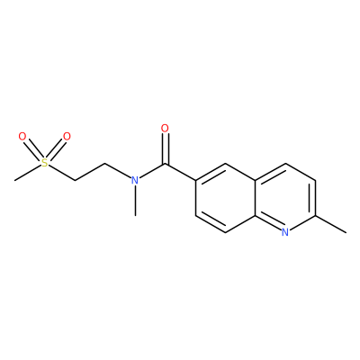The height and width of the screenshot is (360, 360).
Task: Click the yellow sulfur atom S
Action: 45,163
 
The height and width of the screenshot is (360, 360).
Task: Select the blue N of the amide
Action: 135,180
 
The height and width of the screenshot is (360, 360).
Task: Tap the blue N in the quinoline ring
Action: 285,232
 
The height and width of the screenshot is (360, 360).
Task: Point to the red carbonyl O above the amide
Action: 165,129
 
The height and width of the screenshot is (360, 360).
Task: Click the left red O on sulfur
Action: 22,137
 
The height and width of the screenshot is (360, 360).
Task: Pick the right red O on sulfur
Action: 67,137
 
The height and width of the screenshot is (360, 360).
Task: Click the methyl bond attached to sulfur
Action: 28,173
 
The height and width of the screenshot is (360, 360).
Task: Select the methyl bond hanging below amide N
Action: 135,201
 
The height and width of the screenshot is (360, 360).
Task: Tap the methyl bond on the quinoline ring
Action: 330,224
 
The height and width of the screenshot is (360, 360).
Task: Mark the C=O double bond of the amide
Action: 165,148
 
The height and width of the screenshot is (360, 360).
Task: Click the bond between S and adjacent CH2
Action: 61,173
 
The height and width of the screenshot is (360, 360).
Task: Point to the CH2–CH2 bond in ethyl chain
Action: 90,172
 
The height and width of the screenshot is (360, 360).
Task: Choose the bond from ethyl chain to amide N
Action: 118,171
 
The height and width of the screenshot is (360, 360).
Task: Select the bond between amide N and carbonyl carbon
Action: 152,171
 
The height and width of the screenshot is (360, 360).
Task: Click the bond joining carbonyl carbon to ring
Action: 180,172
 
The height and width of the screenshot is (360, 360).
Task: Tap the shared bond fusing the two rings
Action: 256,198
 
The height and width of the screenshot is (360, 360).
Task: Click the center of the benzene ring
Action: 226,198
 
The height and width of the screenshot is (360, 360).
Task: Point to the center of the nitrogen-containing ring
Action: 285,198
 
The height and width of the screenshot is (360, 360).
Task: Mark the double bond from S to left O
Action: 33,150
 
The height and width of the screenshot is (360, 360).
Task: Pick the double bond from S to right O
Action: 56,150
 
